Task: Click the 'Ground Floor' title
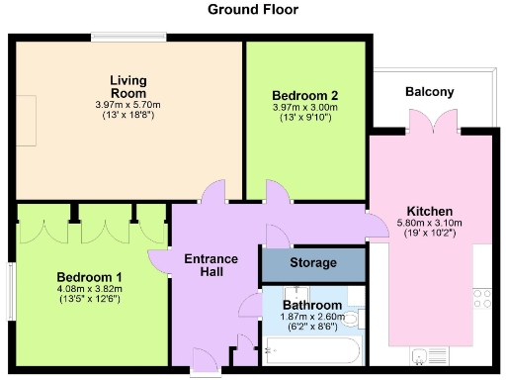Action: pos(252,10)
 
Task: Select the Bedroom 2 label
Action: pos(304,95)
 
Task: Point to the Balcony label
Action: pos(430,92)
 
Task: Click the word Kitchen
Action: pos(430,211)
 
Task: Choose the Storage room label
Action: pos(312,263)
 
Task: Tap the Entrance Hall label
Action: pos(211,265)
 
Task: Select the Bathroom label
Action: pos(312,305)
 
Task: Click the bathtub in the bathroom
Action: pos(312,348)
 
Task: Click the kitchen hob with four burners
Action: pos(484,295)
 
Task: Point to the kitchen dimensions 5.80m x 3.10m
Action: pos(430,225)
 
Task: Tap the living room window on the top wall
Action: pos(128,38)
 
